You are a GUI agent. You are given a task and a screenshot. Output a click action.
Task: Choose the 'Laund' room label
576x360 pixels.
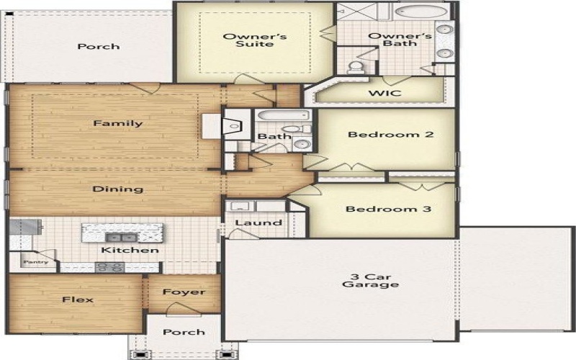pyautogui.click(x=258, y=222)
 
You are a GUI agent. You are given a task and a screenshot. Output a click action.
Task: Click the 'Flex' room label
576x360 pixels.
pyautogui.click(x=77, y=299)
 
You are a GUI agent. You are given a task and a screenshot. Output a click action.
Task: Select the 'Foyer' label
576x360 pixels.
pyautogui.click(x=184, y=292)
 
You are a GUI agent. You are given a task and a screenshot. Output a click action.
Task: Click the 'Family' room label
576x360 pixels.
pyautogui.click(x=117, y=123)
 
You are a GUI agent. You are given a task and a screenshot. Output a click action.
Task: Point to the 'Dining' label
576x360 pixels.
pyautogui.click(x=117, y=189)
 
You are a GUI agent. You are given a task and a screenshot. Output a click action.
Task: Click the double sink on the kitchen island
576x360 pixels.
pyautogui.click(x=120, y=236)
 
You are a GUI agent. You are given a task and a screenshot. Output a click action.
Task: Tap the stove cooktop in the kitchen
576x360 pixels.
pyautogui.click(x=110, y=267)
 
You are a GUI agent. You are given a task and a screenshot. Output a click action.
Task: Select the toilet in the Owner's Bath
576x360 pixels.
pyautogui.click(x=356, y=68)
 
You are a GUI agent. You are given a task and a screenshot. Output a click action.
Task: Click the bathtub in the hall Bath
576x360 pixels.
pyautogui.click(x=282, y=115)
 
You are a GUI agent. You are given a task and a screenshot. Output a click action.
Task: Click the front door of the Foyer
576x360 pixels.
pyautogui.click(x=183, y=310)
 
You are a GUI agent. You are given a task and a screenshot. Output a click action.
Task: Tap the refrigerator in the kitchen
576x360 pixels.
pyautogui.click(x=21, y=227)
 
